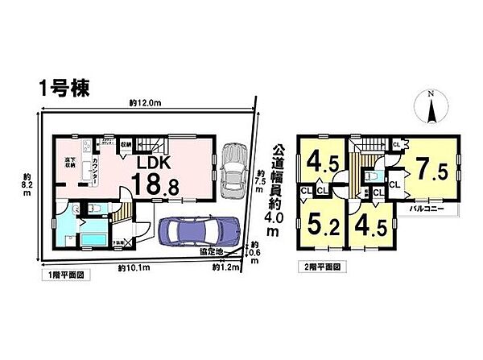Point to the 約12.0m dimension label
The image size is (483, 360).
point(145,104)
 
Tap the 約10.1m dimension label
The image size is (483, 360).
point(132,267)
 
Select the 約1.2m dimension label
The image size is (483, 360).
point(227,267)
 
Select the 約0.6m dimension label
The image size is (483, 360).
point(254,250)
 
